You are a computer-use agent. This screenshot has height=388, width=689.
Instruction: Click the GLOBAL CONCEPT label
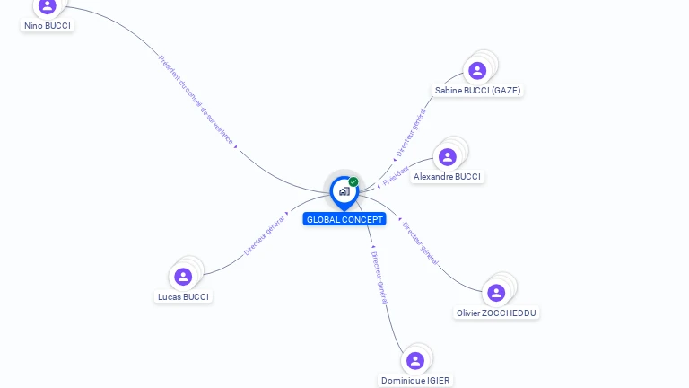click(344, 219)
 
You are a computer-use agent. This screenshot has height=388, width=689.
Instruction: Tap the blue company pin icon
click(344, 191)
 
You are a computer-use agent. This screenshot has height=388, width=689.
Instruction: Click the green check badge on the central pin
click(353, 182)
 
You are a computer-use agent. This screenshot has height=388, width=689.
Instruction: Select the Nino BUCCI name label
click(48, 25)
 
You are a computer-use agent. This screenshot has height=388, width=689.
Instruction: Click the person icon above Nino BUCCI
click(48, 5)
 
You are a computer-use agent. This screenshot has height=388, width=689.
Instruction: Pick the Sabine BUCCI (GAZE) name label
click(477, 90)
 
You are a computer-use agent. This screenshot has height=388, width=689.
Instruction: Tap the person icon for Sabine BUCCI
click(477, 70)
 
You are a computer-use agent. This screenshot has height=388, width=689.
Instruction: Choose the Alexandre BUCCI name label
click(447, 177)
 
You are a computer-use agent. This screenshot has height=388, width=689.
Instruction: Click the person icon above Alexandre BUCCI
click(448, 157)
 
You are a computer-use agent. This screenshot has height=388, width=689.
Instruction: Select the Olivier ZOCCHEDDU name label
click(497, 313)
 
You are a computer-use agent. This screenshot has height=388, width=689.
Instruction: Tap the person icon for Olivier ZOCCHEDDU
click(496, 293)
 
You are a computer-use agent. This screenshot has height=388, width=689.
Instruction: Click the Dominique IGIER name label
click(415, 380)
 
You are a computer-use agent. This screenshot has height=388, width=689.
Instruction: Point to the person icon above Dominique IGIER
click(414, 360)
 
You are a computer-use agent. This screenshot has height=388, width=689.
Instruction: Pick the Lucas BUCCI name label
click(183, 296)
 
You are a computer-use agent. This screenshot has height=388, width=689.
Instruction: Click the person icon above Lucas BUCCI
click(183, 277)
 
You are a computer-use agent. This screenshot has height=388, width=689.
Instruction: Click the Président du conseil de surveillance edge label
click(196, 100)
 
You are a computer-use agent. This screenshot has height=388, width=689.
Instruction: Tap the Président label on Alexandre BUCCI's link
click(395, 174)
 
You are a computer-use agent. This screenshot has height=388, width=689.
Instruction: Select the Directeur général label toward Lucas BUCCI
click(264, 236)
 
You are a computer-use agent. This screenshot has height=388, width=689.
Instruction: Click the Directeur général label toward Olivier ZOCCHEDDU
click(420, 242)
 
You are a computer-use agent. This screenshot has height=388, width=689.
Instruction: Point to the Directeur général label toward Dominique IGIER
click(379, 277)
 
